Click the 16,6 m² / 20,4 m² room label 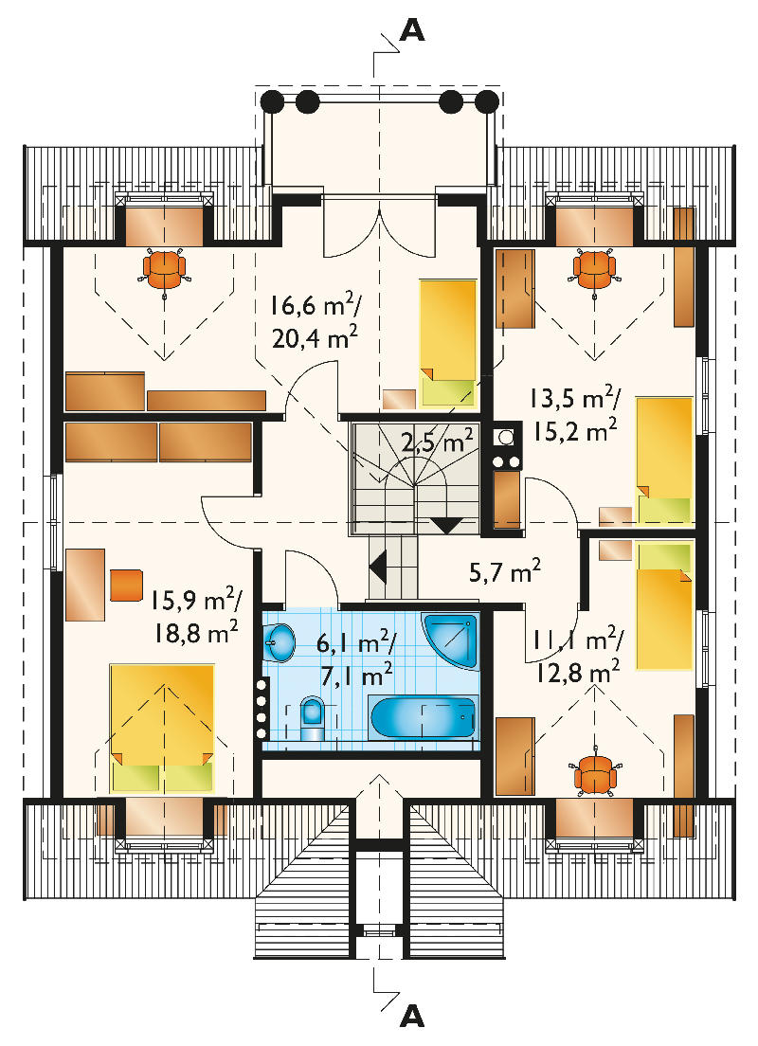click(315, 322)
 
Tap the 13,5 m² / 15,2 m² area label click(575, 416)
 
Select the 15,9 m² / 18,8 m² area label click(194, 617)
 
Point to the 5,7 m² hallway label click(504, 571)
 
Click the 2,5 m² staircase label click(437, 442)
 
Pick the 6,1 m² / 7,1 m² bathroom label click(356, 660)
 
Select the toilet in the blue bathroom click(312, 718)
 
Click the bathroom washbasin click(279, 642)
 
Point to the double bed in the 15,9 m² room click(162, 728)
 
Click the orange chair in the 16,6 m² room click(164, 268)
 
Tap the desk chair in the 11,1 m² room click(594, 774)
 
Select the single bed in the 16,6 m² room click(448, 343)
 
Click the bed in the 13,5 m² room click(664, 460)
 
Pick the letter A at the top click(412, 28)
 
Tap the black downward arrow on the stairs click(446, 525)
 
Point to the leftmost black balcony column click(272, 101)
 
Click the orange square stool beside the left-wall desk click(126, 585)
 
